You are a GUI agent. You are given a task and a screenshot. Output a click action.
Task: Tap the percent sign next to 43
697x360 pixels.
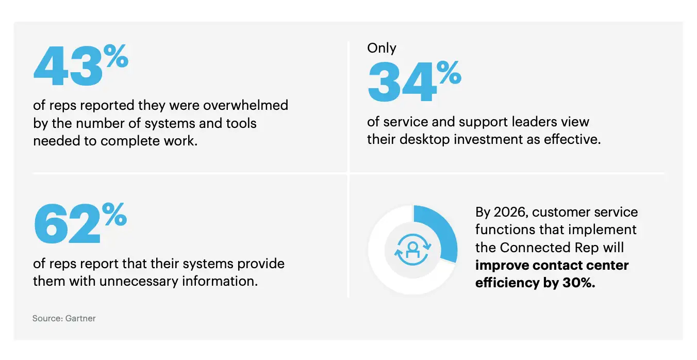[x=114, y=56]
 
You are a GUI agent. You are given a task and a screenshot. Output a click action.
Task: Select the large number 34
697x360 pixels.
[x=402, y=84]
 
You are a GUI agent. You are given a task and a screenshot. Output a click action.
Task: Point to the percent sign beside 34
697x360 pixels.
[x=447, y=73]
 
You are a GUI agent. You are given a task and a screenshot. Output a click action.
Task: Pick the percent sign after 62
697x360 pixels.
[x=114, y=214]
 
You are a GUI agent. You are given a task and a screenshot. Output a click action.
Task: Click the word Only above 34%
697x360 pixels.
[x=381, y=48]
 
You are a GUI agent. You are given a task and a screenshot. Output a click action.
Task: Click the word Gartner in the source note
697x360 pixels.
[x=80, y=318]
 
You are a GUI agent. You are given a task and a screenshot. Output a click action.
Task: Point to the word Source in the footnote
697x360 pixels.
[x=47, y=318]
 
